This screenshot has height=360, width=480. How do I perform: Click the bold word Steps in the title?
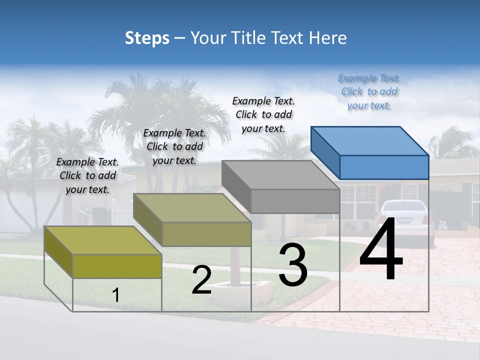coord(147,38)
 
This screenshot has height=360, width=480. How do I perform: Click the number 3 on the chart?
coord(293,266)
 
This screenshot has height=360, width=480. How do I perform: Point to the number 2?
coord(201,280)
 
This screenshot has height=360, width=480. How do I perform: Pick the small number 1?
coord(115,295)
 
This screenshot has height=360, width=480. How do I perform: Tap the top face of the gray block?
coord(280,175)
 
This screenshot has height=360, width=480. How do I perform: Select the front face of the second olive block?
coord(206,234)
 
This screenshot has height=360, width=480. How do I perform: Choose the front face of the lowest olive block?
coord(117,266)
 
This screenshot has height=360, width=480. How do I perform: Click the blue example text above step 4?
coord(369,91)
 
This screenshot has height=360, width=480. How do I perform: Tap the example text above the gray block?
coord(263,114)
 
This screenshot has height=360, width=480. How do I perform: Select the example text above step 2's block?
coord(174,146)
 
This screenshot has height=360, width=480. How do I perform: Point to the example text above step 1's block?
coord(87,175)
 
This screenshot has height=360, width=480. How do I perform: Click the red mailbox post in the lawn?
coord(233,265)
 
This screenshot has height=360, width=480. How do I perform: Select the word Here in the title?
coord(328,38)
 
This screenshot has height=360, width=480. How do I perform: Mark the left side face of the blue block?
coord(325,152)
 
